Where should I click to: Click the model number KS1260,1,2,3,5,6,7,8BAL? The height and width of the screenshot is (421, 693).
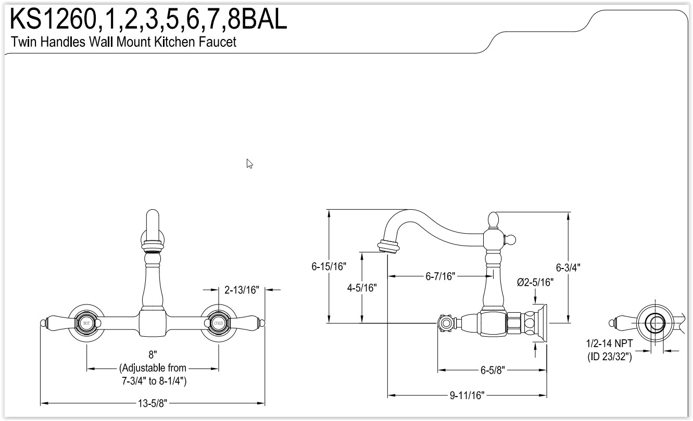pos(148,19)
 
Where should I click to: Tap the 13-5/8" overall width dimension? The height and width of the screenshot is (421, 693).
pos(152,403)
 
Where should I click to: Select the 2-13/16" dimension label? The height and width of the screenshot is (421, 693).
pos(242,290)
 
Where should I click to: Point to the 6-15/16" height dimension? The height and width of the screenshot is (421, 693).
pos(329,266)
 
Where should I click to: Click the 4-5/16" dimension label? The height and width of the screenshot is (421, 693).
pos(362,288)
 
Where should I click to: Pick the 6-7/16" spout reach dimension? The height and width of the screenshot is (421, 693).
pos(440,276)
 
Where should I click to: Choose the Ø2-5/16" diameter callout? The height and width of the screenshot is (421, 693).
pos(535,282)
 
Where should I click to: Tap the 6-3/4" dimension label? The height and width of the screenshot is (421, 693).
pos(568,267)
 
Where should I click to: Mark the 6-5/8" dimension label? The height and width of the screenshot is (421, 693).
pos(493,370)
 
